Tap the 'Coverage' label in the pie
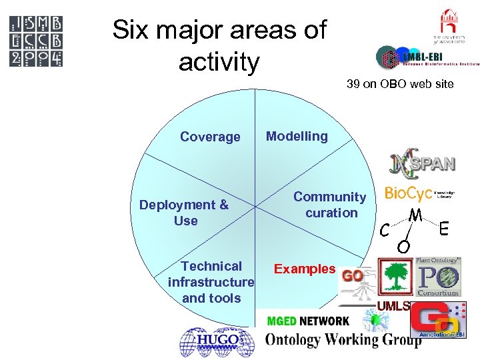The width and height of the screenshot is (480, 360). tap(210, 137)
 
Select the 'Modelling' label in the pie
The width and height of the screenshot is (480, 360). tap(297, 136)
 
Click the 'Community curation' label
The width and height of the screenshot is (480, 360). tap(330, 205)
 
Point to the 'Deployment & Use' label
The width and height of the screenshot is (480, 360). tap(184, 213)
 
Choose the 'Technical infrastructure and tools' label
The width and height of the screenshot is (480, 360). tap(211, 282)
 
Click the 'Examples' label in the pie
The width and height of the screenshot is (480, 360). tap(305, 269)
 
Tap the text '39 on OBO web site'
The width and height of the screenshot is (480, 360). tap(400, 84)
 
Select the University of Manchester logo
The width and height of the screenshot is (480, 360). tap(447, 27)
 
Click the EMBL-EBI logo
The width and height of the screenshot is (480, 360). tap(427, 58)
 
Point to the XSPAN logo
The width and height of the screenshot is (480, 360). tap(424, 163)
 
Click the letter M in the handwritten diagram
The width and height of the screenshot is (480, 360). tap(415, 216)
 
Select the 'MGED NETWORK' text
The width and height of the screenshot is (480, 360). tap(307, 321)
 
